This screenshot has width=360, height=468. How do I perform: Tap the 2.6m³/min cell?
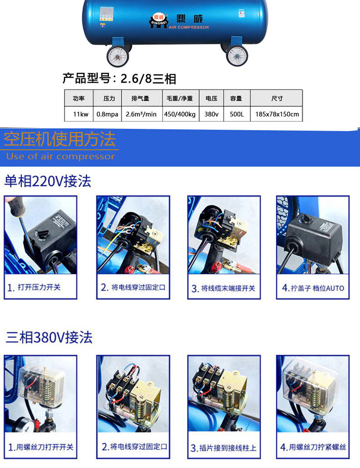coord(141,114)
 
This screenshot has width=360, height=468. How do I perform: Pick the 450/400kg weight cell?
coord(180,114)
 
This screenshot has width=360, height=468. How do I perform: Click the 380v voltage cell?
coord(211,114)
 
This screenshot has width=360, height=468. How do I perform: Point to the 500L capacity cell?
coord(237,114)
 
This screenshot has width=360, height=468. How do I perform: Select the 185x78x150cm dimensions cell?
coord(277,114)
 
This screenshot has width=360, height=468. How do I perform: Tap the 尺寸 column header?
coord(277,98)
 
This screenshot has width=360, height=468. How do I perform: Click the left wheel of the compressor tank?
coord(118,56)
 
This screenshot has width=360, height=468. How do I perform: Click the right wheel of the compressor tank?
coord(237,55)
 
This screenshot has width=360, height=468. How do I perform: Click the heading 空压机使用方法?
coord(60,139)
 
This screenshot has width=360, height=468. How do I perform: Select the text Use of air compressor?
coord(60,157)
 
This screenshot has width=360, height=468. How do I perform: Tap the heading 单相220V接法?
coord(48,181)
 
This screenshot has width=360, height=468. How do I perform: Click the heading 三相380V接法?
coord(49,337)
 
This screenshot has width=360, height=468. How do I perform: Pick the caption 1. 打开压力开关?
coord(34,287)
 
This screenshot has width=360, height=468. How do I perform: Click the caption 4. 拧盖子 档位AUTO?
coord(313,288)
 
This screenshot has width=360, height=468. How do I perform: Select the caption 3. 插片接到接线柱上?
coord(223,448)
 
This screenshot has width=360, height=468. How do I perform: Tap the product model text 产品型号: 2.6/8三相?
coord(119,79)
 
